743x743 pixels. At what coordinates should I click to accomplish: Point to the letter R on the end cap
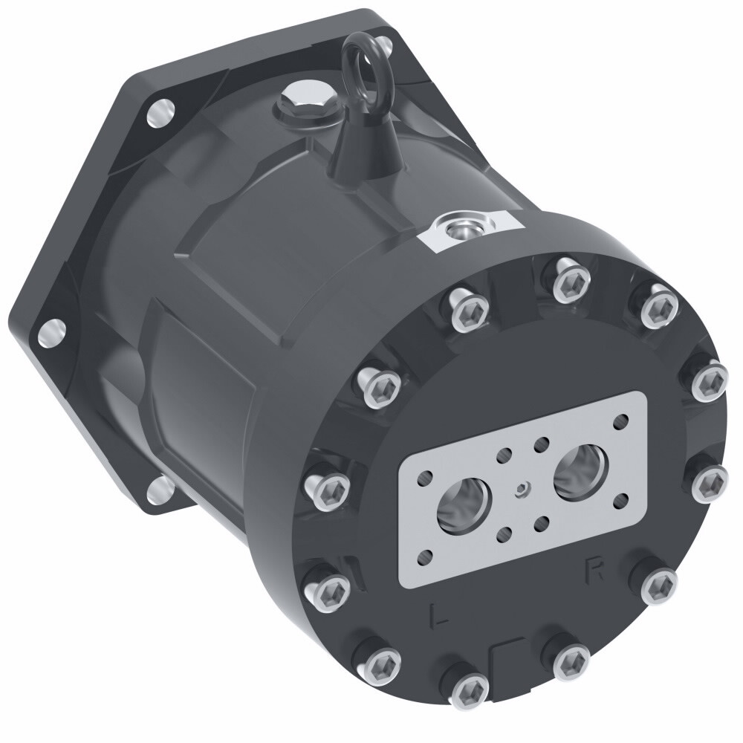click(x=594, y=571)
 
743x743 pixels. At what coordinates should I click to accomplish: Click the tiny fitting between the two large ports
click(x=524, y=489)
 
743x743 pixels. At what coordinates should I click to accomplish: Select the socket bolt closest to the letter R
click(x=657, y=585)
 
